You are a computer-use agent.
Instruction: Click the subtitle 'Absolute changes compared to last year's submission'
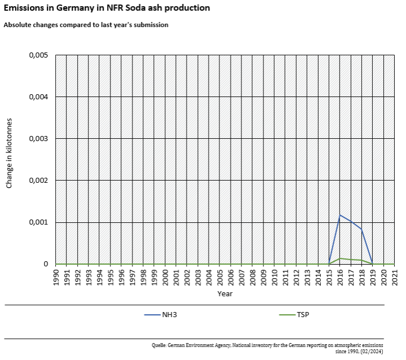pyautogui.click(x=86, y=25)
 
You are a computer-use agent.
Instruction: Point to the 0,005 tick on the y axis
pyautogui.click(x=38, y=55)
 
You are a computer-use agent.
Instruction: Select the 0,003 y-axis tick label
pyautogui.click(x=38, y=139)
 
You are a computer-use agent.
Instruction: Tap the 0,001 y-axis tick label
pyautogui.click(x=38, y=222)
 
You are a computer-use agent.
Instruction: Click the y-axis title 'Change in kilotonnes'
pyautogui.click(x=10, y=160)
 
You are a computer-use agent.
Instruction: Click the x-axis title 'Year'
pyautogui.click(x=225, y=293)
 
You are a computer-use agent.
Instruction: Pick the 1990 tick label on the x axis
pyautogui.click(x=56, y=277)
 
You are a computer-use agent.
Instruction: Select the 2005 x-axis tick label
pyautogui.click(x=220, y=277)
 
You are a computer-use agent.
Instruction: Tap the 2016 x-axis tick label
pyautogui.click(x=340, y=277)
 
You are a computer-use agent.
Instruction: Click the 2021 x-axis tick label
pyautogui.click(x=395, y=277)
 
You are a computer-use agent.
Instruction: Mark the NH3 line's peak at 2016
pyautogui.click(x=340, y=215)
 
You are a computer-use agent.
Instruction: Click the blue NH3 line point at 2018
pyautogui.click(x=361, y=229)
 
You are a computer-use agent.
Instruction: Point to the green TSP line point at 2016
pyautogui.click(x=340, y=258)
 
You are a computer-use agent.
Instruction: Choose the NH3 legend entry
pyautogui.click(x=161, y=314)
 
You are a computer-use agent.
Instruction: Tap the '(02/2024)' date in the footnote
pyautogui.click(x=370, y=350)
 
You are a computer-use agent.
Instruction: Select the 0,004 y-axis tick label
pyautogui.click(x=38, y=97)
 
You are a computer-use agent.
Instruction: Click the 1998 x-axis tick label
pyautogui.click(x=143, y=277)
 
